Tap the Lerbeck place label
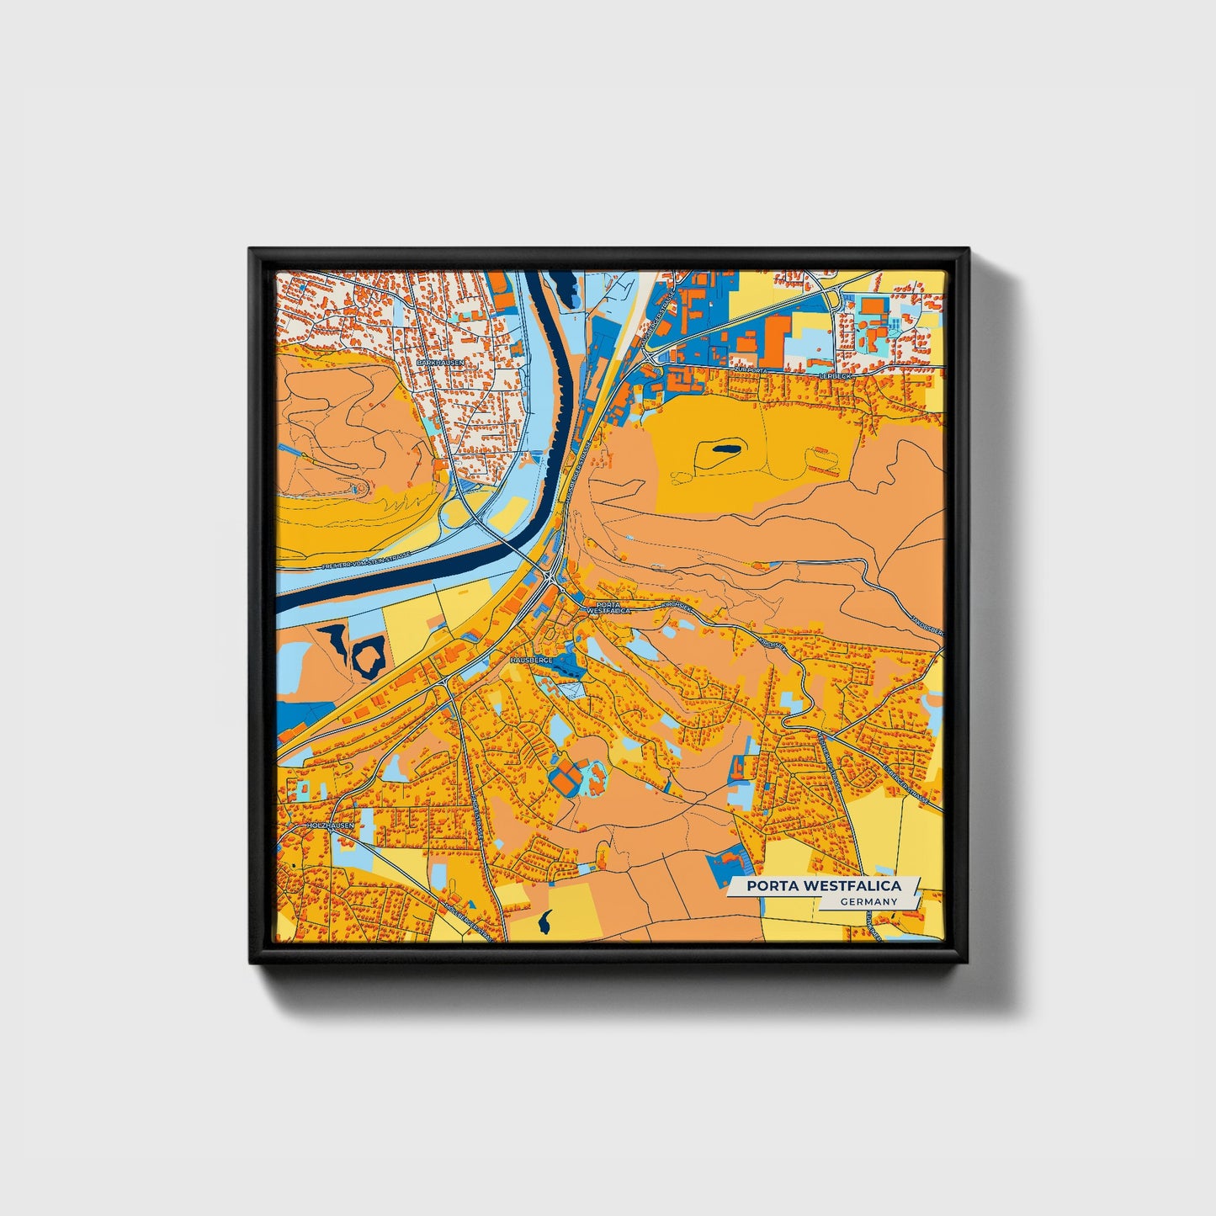[836, 375]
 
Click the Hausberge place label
[531, 661]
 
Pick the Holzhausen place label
[332, 827]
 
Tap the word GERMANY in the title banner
[869, 901]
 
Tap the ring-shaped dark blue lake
[370, 655]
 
